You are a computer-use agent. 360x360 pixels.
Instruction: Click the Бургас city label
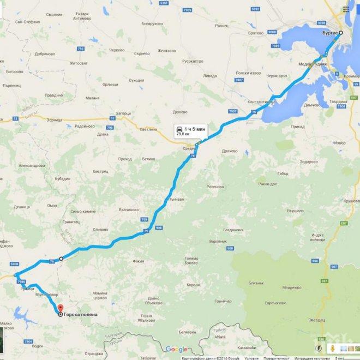[x=326, y=33]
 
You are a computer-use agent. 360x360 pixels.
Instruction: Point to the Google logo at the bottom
[x=176, y=349]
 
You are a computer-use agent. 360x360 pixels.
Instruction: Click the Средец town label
[x=189, y=148]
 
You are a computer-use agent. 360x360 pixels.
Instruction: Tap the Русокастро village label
[x=191, y=61]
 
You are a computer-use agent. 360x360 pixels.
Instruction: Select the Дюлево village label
[x=180, y=112]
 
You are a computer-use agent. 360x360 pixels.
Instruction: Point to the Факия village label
[x=138, y=261]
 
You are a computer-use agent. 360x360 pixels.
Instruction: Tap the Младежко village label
[x=292, y=287]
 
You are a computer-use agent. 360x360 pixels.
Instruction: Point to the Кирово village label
[x=194, y=285]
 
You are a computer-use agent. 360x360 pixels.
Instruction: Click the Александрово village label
[x=32, y=165]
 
